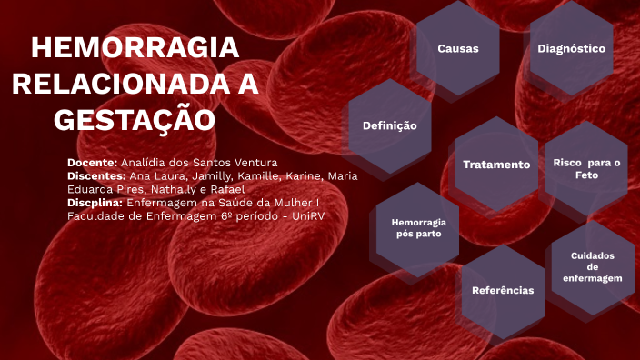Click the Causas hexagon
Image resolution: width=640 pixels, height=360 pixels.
[x=457, y=48]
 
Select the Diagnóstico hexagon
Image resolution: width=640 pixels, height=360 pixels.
[x=571, y=48]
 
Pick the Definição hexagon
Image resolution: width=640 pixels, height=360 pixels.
[x=389, y=125]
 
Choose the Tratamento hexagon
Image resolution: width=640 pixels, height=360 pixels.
[x=495, y=165]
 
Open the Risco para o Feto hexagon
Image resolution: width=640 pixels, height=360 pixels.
[x=586, y=167]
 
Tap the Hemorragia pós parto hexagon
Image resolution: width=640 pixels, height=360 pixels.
[x=418, y=228]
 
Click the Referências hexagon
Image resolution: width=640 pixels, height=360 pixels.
[x=503, y=290]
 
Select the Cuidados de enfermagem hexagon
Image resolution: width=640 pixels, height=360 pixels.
[x=592, y=267]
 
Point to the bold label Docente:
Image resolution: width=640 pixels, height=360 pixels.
[x=93, y=162]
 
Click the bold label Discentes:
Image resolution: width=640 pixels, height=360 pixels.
[x=96, y=175]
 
